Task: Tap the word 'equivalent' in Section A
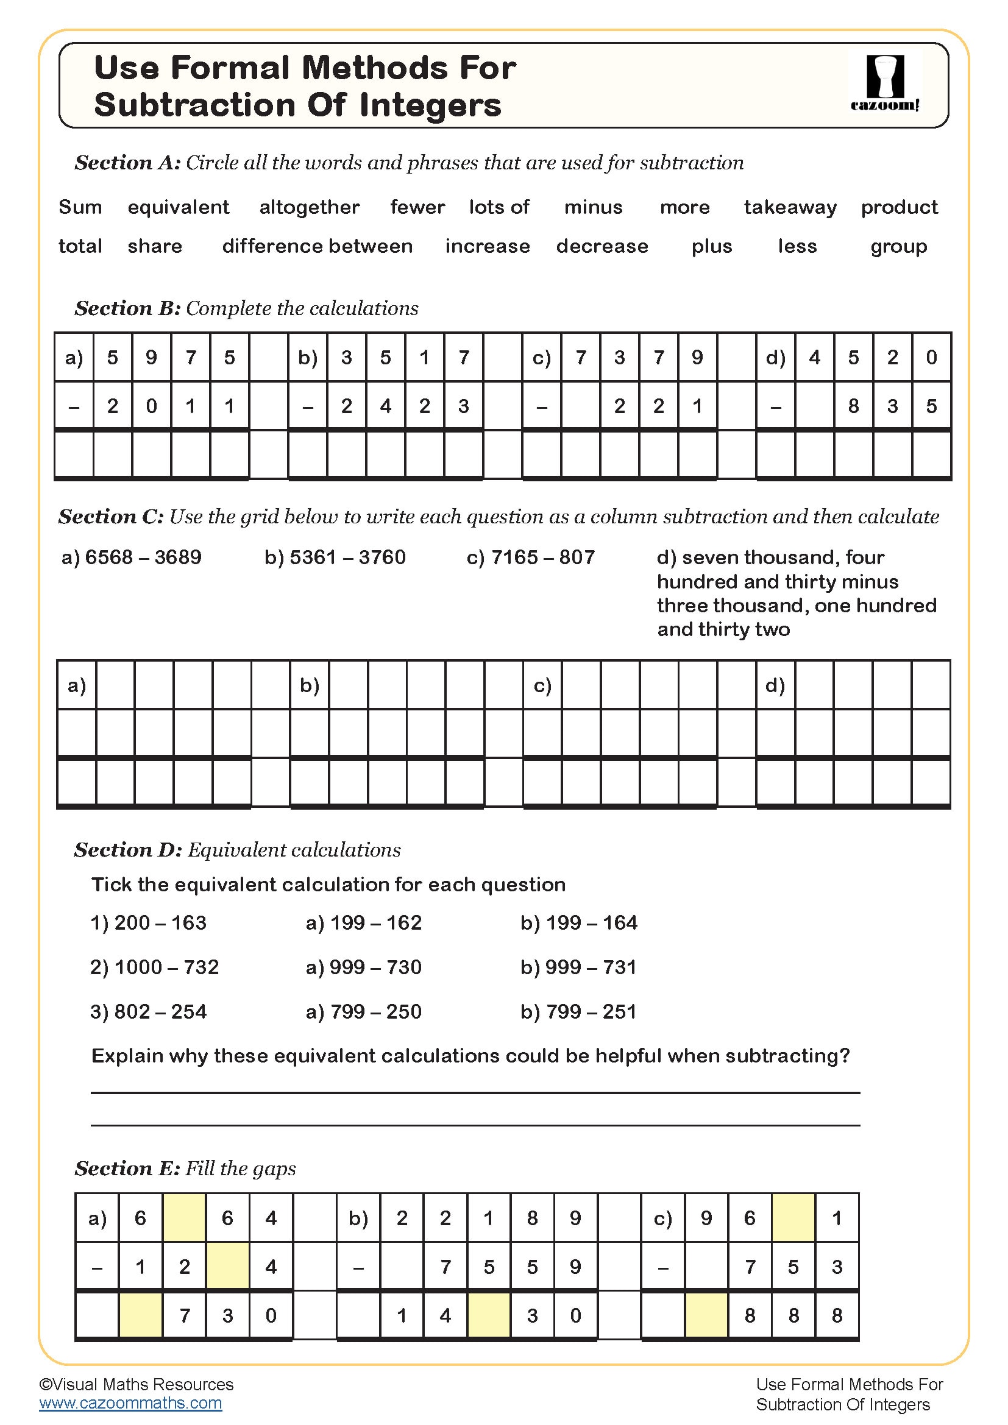[x=178, y=207]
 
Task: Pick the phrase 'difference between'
[x=317, y=246]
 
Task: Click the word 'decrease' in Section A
[x=602, y=246]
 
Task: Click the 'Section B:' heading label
[x=127, y=308]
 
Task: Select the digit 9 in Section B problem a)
[x=152, y=358]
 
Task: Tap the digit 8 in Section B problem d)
[x=853, y=406]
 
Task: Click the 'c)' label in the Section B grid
[x=542, y=358]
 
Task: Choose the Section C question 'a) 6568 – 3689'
[x=132, y=557]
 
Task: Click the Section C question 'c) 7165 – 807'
[x=531, y=557]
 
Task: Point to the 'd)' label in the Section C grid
[x=775, y=685]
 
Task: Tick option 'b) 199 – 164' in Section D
[x=578, y=923]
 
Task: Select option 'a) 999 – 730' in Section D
[x=363, y=967]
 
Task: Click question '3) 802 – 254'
[x=148, y=1013]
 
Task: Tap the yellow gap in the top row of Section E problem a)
[x=183, y=1218]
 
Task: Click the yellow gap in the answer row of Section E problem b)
[x=489, y=1315]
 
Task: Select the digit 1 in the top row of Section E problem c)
[x=837, y=1218]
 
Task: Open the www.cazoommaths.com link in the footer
[x=130, y=1403]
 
